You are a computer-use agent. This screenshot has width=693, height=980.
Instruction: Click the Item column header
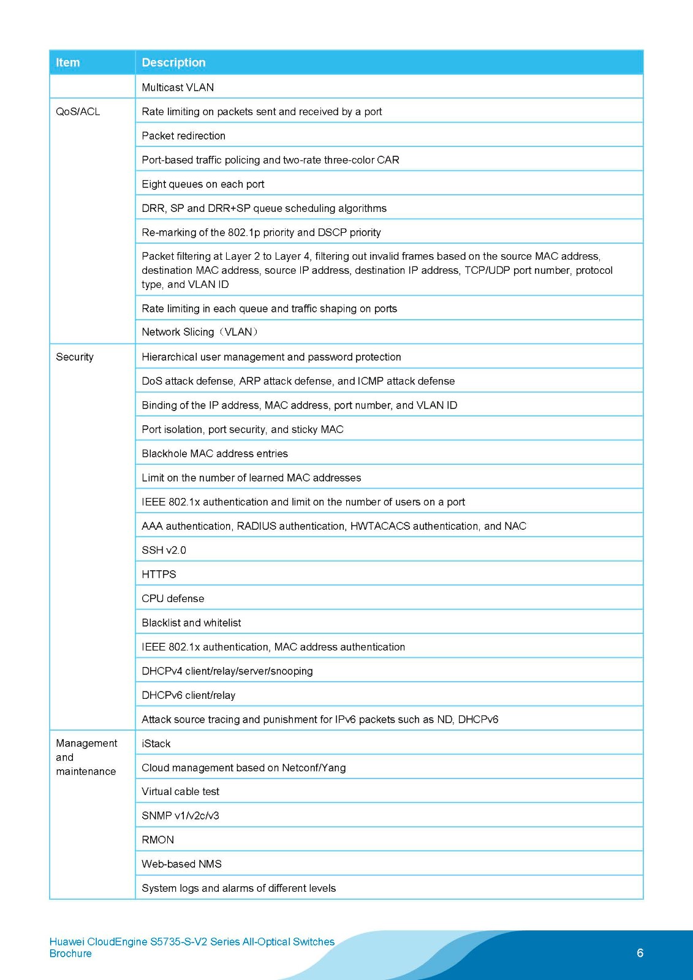coord(68,62)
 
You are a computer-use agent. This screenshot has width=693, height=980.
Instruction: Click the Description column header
coord(173,62)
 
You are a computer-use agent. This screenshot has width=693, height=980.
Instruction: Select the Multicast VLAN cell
coord(178,87)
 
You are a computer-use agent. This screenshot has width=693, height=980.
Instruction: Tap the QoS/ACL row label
coord(78,111)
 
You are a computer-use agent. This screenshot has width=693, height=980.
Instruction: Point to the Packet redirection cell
coord(183,135)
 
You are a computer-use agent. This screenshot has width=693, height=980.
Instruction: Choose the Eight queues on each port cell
coord(203,184)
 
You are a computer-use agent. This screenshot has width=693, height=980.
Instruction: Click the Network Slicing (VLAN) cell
coord(200,332)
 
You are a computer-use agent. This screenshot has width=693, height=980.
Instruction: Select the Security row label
coord(75,357)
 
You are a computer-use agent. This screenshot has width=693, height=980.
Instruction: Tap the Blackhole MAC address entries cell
coord(214,453)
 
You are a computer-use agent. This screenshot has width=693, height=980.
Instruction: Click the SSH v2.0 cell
coord(164,550)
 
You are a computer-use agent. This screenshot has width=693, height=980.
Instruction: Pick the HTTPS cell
coord(159,574)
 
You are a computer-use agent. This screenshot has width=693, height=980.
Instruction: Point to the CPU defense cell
coord(173,598)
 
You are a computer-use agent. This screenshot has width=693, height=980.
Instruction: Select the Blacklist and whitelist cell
coord(191,622)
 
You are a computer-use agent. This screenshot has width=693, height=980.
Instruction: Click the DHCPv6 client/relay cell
coord(188,695)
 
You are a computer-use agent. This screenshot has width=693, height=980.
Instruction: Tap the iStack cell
coord(156,744)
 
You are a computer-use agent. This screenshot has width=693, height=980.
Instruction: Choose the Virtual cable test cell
coord(180,791)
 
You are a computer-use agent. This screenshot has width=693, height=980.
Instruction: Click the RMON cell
coord(157,840)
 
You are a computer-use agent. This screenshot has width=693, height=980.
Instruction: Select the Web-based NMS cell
coord(181,864)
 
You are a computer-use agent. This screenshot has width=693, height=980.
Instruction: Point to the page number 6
coord(640,952)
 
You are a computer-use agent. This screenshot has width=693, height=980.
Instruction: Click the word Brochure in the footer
coord(70,954)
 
